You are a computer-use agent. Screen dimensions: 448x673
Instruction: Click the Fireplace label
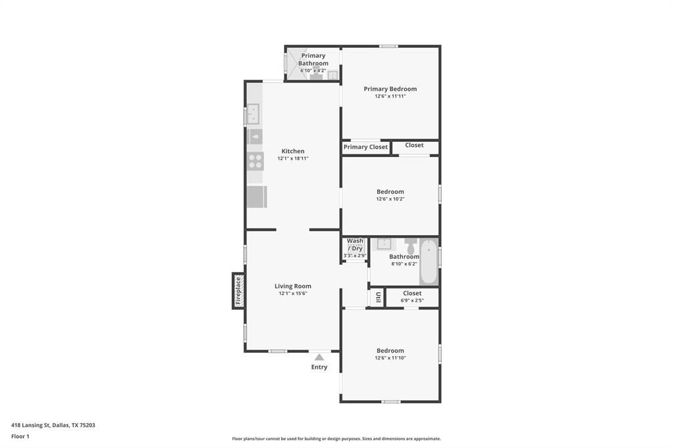tap(239, 290)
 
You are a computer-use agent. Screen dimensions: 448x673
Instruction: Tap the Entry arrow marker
tap(319, 357)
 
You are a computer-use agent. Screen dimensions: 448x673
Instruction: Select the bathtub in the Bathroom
tap(429, 262)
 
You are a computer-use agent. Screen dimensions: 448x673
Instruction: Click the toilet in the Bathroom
tap(411, 246)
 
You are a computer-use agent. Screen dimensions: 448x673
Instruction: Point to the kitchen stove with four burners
tap(255, 161)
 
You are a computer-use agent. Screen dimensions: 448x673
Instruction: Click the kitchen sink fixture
tap(254, 114)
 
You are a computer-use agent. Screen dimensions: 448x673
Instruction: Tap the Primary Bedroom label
tap(390, 89)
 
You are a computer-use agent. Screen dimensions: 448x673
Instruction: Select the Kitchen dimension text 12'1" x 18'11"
tap(292, 158)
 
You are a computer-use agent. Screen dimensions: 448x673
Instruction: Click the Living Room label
tap(292, 286)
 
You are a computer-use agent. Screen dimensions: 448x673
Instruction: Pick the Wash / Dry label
tap(355, 244)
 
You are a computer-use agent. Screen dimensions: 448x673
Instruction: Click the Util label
tap(378, 298)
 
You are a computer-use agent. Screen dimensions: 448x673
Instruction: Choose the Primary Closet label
tap(365, 147)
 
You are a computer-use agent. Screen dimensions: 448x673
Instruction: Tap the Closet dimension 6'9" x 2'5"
tap(412, 301)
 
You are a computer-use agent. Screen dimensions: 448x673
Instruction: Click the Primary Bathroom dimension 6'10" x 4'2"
tap(313, 70)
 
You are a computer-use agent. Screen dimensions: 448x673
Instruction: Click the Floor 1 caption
tap(20, 436)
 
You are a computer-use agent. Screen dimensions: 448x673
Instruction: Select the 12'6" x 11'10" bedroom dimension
tap(390, 358)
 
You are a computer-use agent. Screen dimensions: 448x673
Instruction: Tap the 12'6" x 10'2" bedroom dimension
tap(390, 199)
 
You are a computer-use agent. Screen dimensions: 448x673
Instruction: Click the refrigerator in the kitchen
tap(256, 196)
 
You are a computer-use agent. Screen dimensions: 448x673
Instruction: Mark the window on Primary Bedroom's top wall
tap(388, 46)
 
